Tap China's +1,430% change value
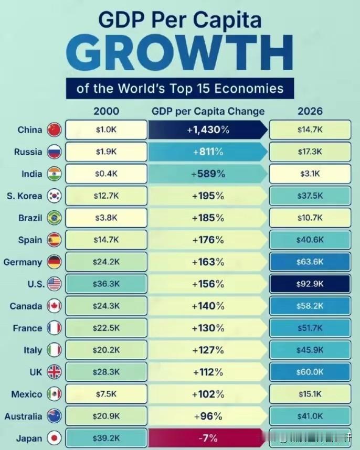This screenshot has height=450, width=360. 208,130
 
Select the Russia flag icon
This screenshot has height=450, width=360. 54,152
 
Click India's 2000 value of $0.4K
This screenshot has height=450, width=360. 107,174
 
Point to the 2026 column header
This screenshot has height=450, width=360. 310,111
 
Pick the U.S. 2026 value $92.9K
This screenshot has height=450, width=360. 310,284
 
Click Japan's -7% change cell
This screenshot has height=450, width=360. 208,438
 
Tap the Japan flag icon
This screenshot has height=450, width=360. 54,438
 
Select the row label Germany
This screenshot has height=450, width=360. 23,262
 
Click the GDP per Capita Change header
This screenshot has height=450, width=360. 208,111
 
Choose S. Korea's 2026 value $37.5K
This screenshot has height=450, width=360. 310,196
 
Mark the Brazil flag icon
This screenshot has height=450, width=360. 54,218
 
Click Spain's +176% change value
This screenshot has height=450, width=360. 208,240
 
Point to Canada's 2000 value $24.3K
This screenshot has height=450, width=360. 107,306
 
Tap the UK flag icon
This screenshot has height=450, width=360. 54,372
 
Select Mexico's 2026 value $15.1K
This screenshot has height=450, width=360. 310,394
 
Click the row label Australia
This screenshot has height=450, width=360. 23,416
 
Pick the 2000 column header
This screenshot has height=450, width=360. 107,111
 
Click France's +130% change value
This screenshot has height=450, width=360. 208,328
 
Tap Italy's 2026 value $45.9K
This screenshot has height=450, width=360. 310,350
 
